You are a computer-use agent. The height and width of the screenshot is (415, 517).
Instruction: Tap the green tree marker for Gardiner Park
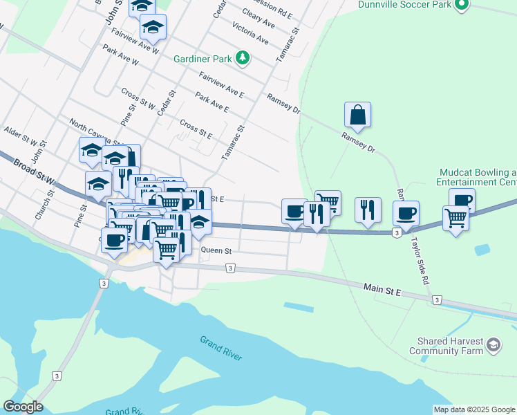[242, 57]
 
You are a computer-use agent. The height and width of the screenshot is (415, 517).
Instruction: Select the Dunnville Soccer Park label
[404, 4]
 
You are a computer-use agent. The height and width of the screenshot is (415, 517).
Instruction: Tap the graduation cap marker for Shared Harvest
[493, 344]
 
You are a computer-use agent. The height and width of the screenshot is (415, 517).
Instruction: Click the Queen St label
[216, 250]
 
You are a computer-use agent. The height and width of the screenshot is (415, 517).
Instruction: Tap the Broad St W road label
[32, 173]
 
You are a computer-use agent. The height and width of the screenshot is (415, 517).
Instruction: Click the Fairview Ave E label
[221, 84]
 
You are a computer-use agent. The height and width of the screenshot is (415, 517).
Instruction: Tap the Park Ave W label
[121, 56]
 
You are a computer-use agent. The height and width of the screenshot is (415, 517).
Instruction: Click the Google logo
[23, 407]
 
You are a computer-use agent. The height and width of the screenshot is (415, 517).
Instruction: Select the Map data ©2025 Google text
[473, 409]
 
